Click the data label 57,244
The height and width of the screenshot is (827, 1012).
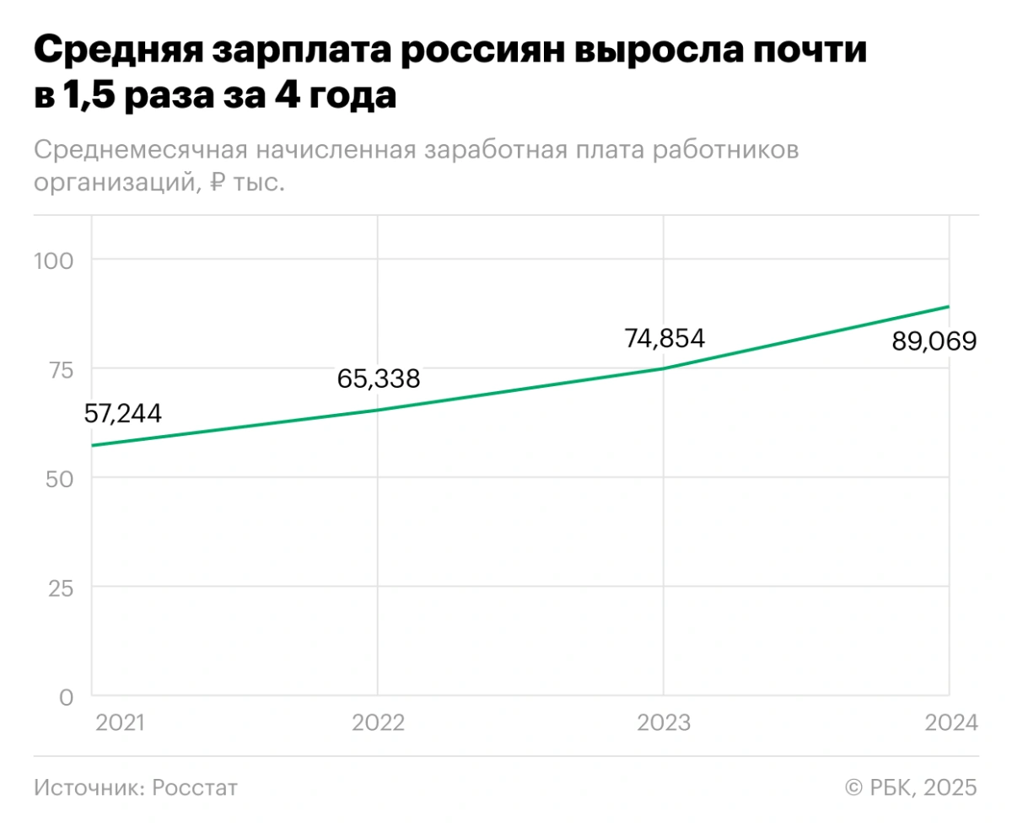[123, 413]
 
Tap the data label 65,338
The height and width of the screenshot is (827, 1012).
[379, 379]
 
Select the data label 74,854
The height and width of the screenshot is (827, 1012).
[665, 338]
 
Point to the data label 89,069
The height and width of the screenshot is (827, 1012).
[934, 341]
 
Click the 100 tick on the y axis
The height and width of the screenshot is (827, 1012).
[54, 260]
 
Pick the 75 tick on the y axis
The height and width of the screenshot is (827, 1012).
[61, 368]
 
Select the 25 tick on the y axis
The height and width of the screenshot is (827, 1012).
[61, 587]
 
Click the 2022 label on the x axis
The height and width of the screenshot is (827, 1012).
[379, 723]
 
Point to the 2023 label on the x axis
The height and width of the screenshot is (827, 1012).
[664, 723]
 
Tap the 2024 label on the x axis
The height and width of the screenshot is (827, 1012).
[950, 723]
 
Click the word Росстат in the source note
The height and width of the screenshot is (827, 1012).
[196, 787]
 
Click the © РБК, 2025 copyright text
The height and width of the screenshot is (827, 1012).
[911, 787]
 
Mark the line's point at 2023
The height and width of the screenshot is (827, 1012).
[664, 368]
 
